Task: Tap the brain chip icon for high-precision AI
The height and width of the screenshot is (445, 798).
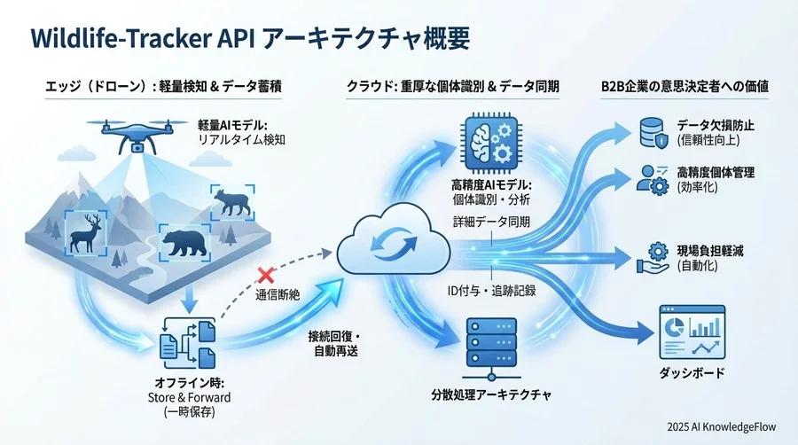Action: point(489,142)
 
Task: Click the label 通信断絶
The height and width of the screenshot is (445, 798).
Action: point(278,294)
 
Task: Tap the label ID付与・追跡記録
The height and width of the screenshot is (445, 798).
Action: point(489,290)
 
